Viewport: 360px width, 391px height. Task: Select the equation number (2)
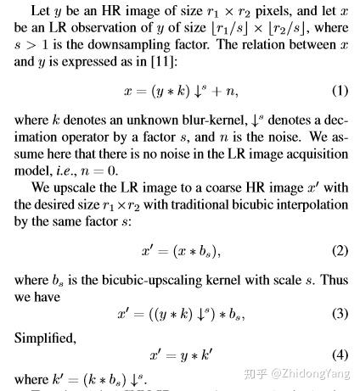tap(339, 252)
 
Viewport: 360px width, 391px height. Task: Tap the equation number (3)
tap(339, 313)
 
